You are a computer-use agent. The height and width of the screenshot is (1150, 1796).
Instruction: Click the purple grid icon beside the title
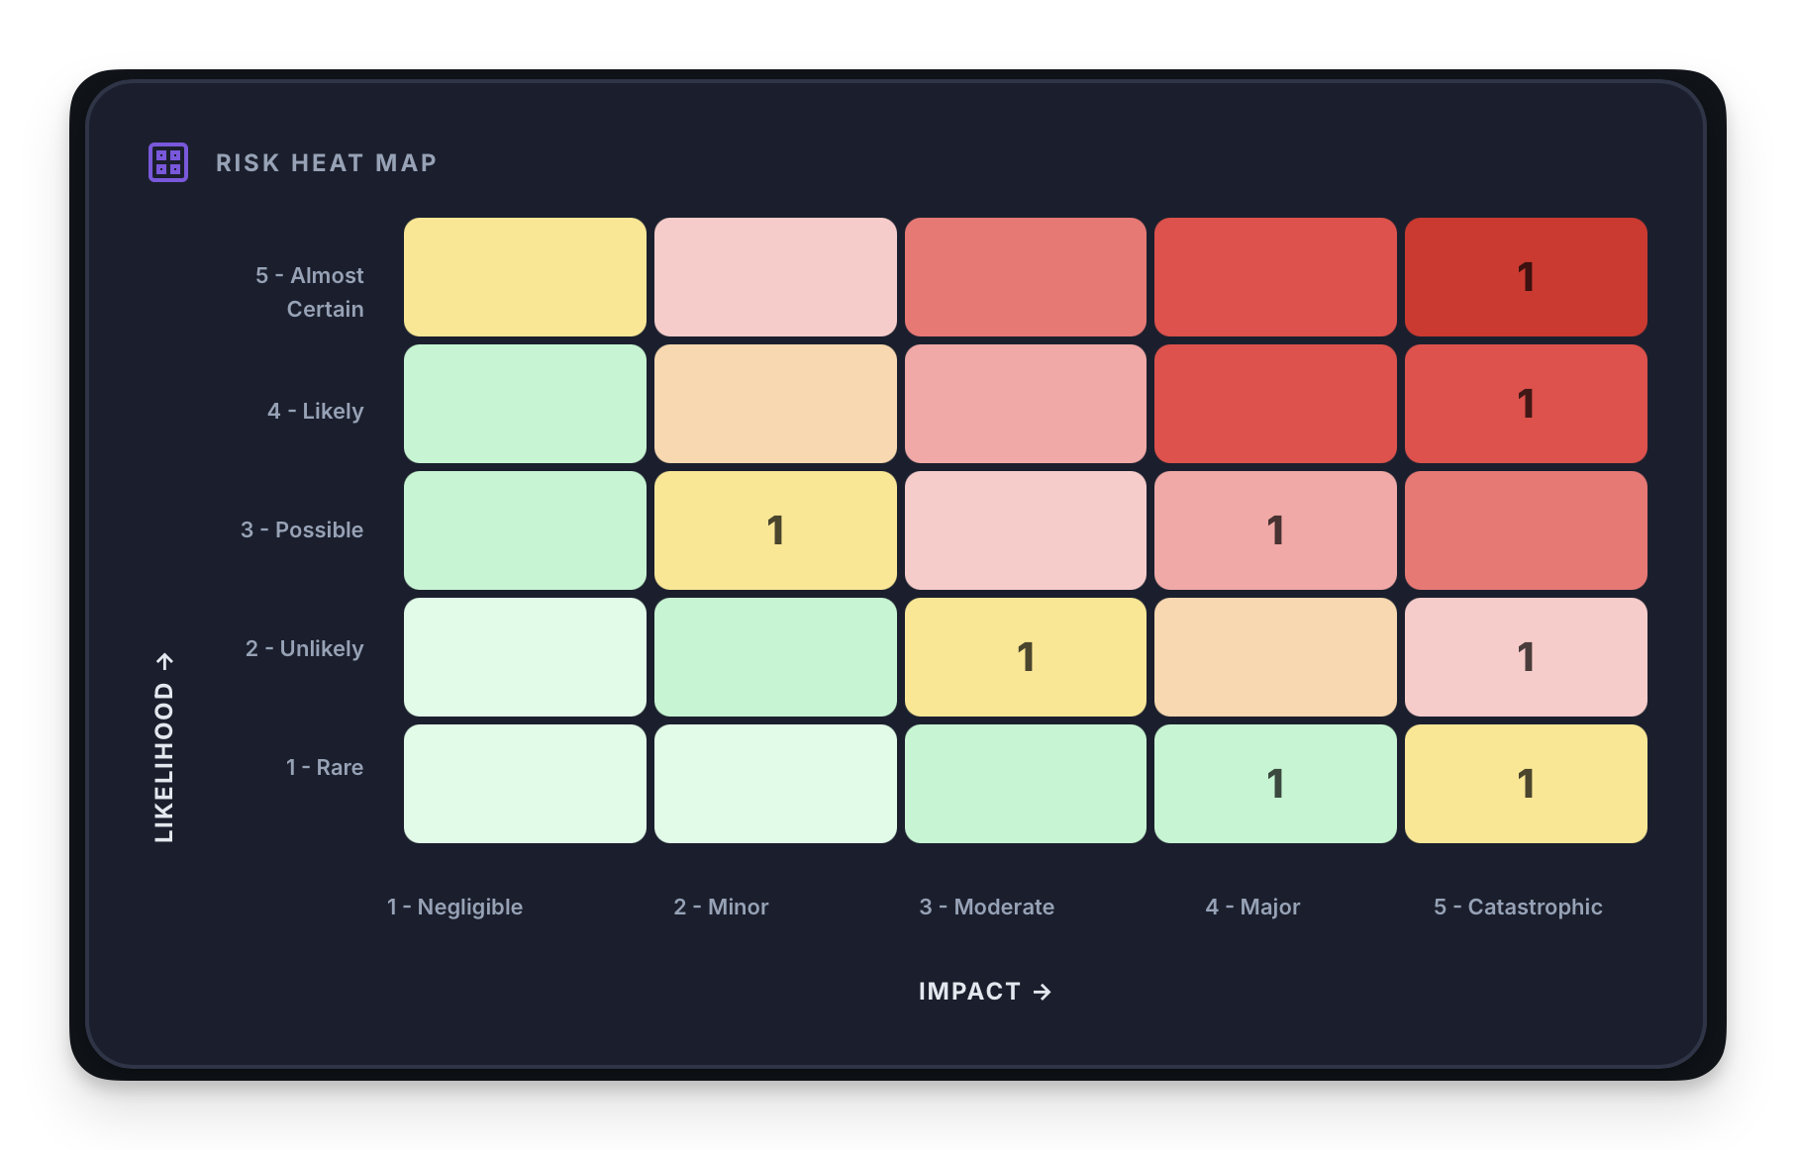168,162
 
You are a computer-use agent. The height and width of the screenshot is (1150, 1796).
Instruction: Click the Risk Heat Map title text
326,163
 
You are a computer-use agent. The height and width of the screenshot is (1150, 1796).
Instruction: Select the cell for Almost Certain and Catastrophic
1525,277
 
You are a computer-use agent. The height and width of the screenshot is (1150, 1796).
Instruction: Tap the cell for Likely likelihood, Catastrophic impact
1525,404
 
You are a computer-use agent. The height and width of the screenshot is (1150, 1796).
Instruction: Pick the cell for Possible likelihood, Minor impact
775,530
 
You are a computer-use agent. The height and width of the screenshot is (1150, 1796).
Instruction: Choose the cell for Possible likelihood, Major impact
1275,530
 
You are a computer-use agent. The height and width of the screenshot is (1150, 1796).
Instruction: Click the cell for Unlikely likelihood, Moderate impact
1025,657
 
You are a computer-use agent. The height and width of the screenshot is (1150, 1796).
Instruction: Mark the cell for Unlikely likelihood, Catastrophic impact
1525,657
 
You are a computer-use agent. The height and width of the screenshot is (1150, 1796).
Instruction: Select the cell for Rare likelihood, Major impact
1275,784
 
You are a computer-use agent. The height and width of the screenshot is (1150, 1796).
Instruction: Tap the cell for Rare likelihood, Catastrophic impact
1525,784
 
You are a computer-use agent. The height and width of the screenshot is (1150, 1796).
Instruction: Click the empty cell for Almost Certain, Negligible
525,277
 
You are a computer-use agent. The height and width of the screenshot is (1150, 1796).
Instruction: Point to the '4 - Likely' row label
315,411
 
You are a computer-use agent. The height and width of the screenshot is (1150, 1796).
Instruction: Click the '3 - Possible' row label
302,529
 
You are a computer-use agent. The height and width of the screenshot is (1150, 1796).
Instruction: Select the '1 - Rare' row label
324,767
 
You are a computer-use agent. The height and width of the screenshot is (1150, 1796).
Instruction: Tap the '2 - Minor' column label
721,907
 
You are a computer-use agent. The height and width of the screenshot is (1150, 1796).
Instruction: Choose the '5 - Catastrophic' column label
1518,907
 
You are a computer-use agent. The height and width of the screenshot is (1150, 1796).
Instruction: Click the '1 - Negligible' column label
454,907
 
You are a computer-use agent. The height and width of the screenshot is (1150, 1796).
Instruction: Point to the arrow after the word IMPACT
1043,992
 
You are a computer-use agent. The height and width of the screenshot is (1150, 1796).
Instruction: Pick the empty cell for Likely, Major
1275,404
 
